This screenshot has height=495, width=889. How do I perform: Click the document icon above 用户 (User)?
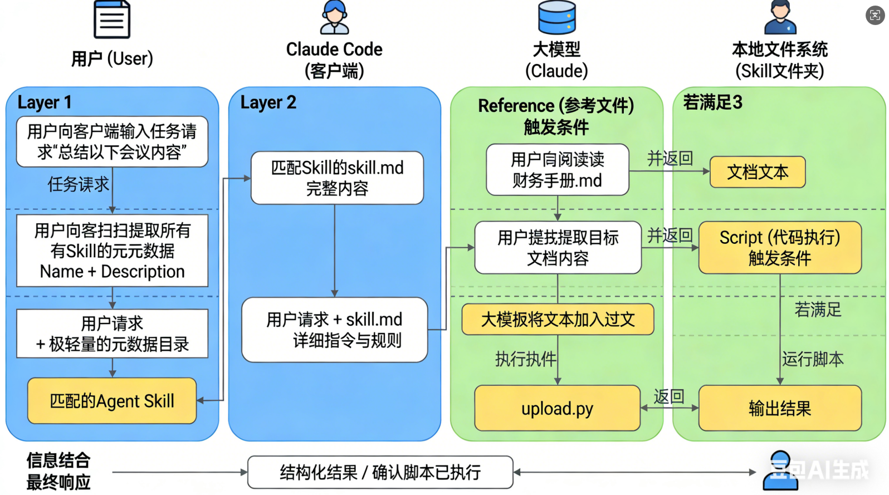pos(112,19)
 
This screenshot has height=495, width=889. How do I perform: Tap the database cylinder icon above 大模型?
pos(556,17)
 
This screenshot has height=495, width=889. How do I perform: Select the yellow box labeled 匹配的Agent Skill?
pos(112,401)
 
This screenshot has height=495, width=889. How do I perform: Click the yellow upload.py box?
pos(557,408)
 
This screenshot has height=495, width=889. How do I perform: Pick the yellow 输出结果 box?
pos(780,408)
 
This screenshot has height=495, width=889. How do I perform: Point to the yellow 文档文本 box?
pos(758,172)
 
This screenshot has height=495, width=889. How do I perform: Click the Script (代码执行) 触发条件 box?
pos(780,248)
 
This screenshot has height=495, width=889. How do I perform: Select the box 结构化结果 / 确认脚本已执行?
pos(380,472)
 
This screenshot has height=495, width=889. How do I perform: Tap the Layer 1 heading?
pos(45,102)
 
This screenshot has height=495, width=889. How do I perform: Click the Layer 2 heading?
pos(268,102)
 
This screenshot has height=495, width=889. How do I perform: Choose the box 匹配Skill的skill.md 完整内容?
pos(337,178)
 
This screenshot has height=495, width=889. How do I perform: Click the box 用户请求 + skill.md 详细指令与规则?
pos(334,330)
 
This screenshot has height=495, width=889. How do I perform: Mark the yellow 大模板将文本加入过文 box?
pos(558,320)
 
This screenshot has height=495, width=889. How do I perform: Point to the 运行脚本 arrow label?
pos(813,359)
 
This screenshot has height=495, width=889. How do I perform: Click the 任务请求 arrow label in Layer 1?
pos(78,184)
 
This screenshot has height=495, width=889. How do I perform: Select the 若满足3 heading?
pos(712,102)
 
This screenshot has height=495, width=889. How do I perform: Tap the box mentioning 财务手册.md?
pos(557,170)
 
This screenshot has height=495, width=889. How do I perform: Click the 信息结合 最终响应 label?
pos(58,471)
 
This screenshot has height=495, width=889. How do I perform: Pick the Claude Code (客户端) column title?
pos(334,60)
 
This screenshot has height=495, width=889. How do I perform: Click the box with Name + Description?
pos(112,251)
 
